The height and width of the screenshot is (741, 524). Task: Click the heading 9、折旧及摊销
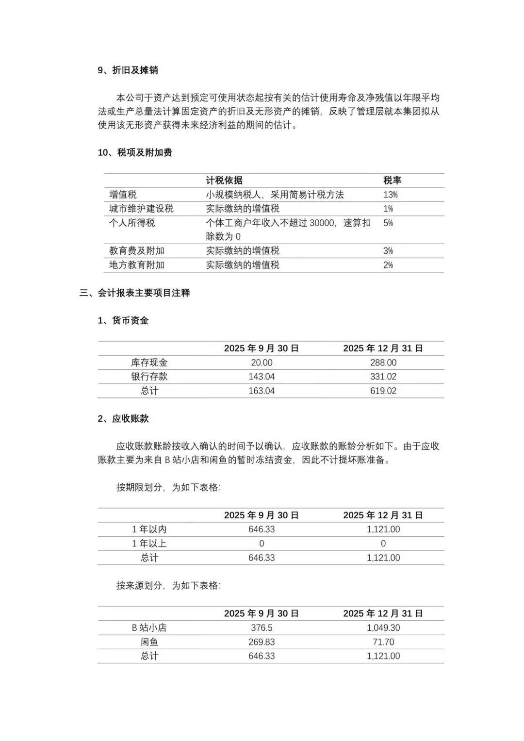coord(128,70)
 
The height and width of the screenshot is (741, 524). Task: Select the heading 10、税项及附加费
coord(135,152)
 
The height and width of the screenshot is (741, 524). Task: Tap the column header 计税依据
coord(224,181)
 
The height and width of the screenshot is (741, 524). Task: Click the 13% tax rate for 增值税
coord(390,195)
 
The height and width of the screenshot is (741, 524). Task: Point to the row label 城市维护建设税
coord(141,209)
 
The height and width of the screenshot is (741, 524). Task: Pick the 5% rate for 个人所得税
coord(388,223)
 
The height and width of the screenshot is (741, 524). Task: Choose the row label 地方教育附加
coord(137,265)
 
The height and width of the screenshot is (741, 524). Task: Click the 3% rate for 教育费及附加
coord(388,251)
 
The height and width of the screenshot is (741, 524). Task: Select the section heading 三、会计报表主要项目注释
coord(135,293)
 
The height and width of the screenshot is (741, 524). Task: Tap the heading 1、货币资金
coord(123,320)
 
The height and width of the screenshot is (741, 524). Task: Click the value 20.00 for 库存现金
coord(262,362)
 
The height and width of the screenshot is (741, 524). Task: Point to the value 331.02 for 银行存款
coord(383,377)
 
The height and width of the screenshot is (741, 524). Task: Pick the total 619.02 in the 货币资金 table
coord(383,391)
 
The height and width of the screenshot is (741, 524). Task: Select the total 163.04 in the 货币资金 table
coord(262,391)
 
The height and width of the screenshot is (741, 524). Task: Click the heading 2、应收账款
coord(123,418)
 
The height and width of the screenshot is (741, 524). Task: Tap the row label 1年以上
coord(149,543)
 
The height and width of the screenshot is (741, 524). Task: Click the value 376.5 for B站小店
coord(262,627)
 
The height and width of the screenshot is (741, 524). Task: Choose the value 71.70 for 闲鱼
coord(383,642)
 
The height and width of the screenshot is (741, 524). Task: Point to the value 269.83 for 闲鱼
coord(262,642)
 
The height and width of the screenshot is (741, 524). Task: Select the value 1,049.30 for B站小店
coord(383,627)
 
